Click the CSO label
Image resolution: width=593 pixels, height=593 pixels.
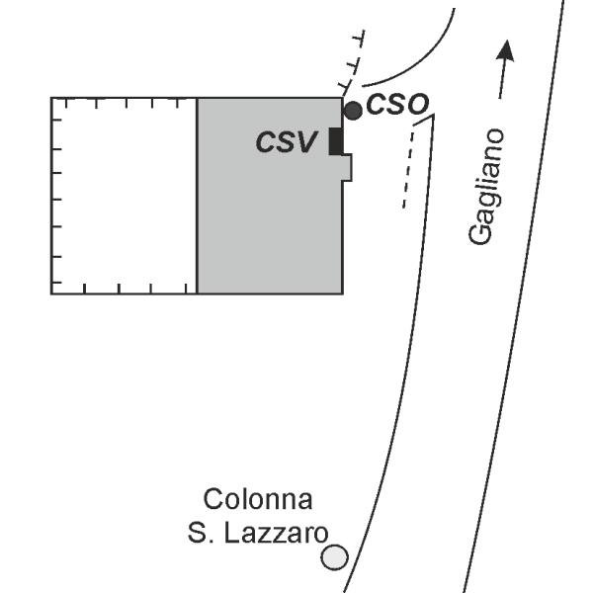click(397, 104)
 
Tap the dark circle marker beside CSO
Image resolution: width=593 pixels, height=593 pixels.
click(353, 111)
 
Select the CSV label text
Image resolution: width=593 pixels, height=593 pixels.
click(287, 141)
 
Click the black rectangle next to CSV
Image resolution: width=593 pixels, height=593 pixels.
click(336, 141)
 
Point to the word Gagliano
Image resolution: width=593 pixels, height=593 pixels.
click(486, 187)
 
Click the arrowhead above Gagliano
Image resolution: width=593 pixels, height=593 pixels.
click(506, 50)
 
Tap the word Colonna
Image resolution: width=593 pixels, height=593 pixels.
click(258, 499)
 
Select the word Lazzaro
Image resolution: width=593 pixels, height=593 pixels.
click(277, 534)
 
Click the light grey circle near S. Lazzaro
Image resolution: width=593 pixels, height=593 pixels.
click(335, 557)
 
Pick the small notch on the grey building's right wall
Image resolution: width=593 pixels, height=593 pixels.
click(348, 167)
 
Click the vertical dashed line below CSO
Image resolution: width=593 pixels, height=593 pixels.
click(408, 169)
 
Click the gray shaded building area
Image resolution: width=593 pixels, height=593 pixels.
click(270, 196)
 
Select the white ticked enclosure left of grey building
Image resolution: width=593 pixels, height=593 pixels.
click(125, 196)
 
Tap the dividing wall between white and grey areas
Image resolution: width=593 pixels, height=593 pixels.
click(197, 196)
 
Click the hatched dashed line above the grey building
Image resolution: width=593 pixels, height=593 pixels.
click(353, 63)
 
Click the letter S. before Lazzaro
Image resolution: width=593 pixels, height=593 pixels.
click(200, 534)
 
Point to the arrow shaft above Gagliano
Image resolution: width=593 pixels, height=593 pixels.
click(502, 78)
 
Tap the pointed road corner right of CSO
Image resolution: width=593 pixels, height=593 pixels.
click(433, 115)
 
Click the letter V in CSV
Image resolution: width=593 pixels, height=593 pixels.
click(305, 141)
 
